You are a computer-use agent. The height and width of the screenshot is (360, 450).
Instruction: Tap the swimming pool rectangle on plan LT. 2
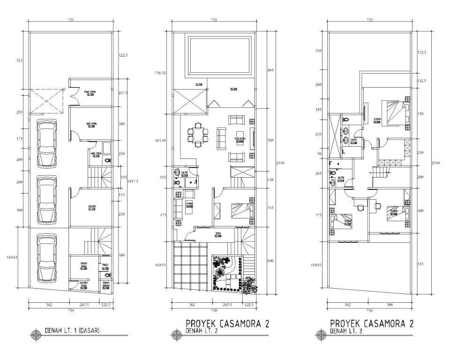coord(219,55)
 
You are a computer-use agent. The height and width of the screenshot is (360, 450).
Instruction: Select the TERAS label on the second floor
coord(218,234)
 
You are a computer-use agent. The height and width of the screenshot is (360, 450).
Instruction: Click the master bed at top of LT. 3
coord(395,111)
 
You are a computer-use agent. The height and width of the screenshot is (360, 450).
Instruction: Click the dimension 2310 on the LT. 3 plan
coord(436,163)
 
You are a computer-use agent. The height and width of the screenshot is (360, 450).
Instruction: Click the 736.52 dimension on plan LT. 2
coord(161,73)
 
